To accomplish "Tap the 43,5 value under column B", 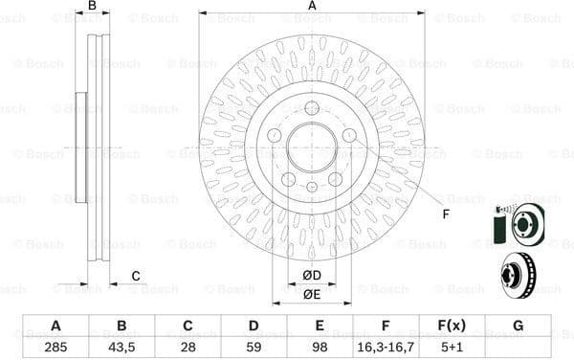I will click(x=121, y=347).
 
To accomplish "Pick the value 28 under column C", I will click(x=188, y=347).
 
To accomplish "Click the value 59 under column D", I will click(x=254, y=347).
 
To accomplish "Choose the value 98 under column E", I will click(x=320, y=347).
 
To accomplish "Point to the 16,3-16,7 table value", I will click(x=386, y=347).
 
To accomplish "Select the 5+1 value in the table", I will click(x=453, y=347).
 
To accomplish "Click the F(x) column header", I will click(x=453, y=326).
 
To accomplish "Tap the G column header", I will click(x=519, y=326).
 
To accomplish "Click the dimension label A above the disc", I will click(x=312, y=7).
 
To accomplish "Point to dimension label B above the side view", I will click(x=93, y=7).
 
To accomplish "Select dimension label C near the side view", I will click(x=136, y=277).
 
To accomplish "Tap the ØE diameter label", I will click(x=312, y=294).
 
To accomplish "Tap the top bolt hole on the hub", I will click(x=312, y=107).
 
